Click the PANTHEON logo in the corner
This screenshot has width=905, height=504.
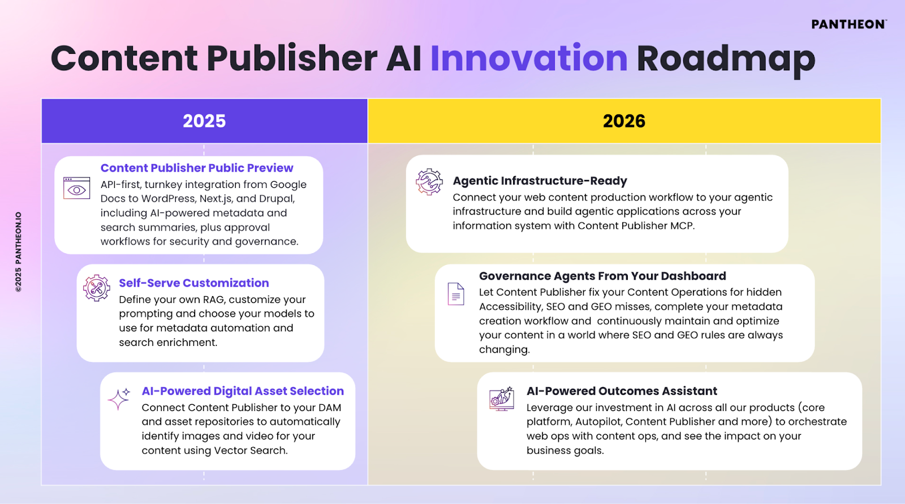[x=849, y=24]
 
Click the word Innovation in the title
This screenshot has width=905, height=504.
[x=529, y=59]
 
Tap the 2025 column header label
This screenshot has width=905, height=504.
[x=204, y=121]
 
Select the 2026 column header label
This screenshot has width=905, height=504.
[x=624, y=121]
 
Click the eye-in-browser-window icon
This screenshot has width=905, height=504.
[x=76, y=188]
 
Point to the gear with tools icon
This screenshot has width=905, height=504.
[x=97, y=288]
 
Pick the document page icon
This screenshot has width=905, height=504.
[x=456, y=294]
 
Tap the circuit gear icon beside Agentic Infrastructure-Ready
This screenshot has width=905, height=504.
[x=429, y=182]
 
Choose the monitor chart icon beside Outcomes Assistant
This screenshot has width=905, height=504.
[x=501, y=399]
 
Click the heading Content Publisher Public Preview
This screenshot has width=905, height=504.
[x=197, y=168]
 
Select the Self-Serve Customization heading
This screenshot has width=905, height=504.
[x=194, y=283]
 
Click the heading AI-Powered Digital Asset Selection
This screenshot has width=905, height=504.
[x=243, y=391]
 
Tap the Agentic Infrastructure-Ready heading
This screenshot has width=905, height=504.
[x=540, y=181]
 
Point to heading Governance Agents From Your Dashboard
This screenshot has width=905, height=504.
[x=602, y=276]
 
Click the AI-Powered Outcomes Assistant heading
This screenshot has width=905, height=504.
[x=622, y=391]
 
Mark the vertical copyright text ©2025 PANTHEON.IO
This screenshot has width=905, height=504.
[x=18, y=251]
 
